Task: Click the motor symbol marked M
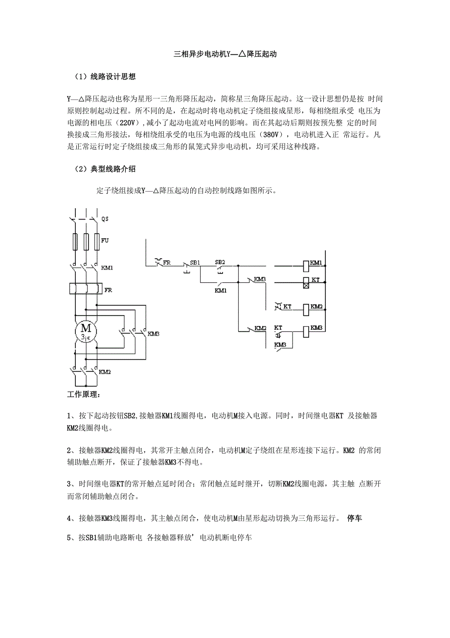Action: tap(86, 331)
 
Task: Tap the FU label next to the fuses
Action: tap(105, 241)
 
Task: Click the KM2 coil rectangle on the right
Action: tap(306, 309)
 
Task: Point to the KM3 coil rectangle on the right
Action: tap(306, 331)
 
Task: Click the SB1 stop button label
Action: tap(195, 263)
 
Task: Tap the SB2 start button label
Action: tap(220, 262)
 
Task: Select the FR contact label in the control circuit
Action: tap(167, 263)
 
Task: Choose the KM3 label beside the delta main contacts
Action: tap(154, 334)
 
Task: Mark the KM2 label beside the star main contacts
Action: tap(105, 372)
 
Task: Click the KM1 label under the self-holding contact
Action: tap(221, 290)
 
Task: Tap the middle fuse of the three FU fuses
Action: tap(86, 242)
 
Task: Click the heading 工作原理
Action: tap(83, 394)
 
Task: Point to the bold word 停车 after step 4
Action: tap(354, 518)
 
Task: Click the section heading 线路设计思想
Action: tap(113, 77)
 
